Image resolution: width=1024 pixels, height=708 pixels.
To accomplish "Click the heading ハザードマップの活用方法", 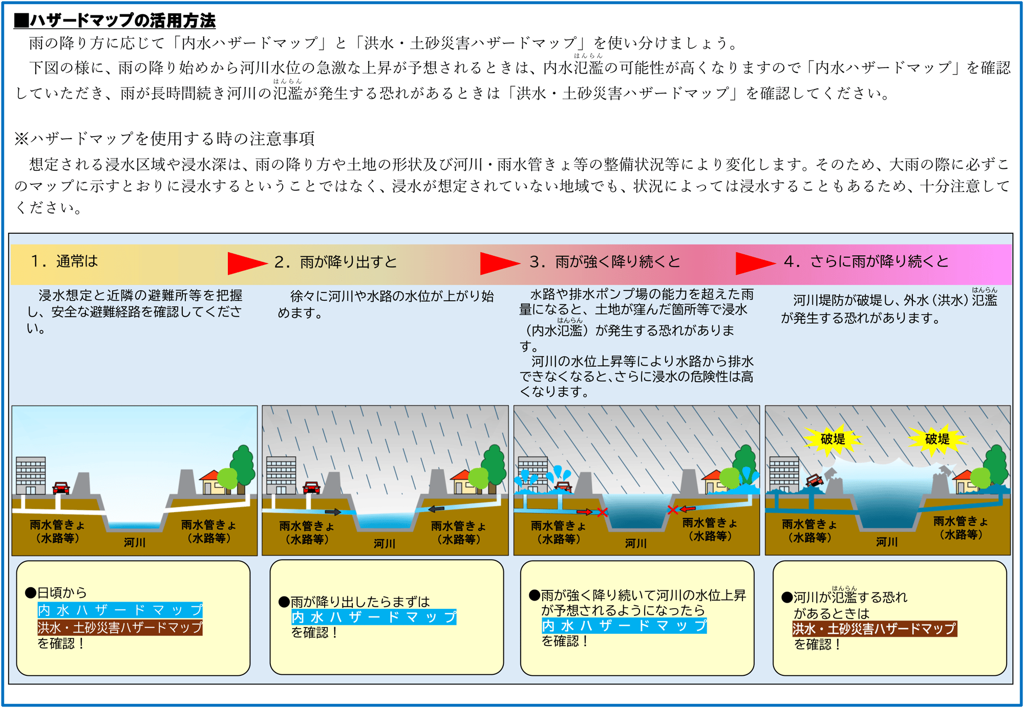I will [x=115, y=20].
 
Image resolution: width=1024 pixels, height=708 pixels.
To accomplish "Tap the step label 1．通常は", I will [x=65, y=261].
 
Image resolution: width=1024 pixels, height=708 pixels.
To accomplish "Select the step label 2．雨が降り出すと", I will [x=336, y=262].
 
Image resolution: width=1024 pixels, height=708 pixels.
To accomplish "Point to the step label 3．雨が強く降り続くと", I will [x=605, y=262].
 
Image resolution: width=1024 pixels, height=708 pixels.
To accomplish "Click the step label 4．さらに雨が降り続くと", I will [x=866, y=261].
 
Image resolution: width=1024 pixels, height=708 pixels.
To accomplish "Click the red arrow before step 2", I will [x=246, y=263].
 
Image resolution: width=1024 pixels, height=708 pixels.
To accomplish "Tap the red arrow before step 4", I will [x=755, y=263].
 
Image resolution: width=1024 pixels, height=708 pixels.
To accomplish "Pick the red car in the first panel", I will [x=61, y=488].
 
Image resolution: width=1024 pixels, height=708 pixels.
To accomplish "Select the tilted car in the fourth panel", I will [x=814, y=480].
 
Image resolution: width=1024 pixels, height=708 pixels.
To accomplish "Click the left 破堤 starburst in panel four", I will [x=833, y=439].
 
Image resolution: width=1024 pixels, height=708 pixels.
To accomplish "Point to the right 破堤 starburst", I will [x=937, y=439].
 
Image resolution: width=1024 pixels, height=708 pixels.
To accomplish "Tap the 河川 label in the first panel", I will [x=135, y=542].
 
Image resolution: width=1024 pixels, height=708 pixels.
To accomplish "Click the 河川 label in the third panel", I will [x=636, y=543].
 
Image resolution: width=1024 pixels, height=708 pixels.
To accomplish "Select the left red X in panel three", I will [x=603, y=512].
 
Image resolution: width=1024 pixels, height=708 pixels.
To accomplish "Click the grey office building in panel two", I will [x=281, y=475].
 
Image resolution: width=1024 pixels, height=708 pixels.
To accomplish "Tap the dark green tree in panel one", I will [x=243, y=463].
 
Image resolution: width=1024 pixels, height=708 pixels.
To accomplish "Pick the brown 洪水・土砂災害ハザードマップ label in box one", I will [x=120, y=628].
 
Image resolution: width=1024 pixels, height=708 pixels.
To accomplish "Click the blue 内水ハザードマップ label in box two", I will [x=374, y=617].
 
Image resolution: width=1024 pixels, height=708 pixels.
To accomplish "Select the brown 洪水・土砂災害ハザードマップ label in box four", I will [x=874, y=629].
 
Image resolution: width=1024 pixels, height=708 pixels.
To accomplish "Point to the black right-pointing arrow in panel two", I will [x=333, y=512].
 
